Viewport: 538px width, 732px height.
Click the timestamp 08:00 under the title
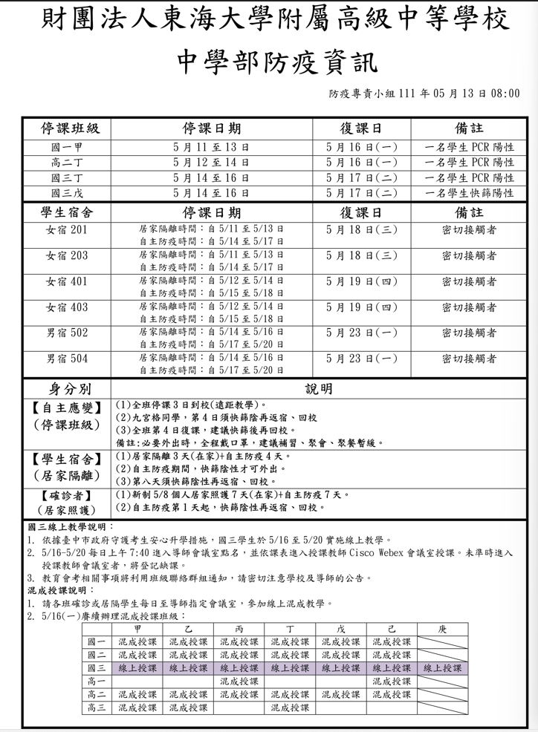coord(505,94)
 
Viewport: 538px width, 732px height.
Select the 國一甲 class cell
coord(66,147)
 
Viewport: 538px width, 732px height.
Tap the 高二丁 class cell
coord(66,163)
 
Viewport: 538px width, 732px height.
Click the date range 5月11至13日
coord(211,147)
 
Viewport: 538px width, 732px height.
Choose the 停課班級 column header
coord(66,128)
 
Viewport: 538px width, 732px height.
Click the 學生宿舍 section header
coord(66,212)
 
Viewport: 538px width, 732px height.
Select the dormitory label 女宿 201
coord(66,230)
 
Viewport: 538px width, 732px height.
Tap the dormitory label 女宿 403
coord(66,307)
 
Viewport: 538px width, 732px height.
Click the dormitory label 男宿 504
coord(66,359)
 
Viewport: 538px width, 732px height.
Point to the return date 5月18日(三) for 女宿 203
coord(362,255)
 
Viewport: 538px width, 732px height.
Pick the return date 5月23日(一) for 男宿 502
coord(362,333)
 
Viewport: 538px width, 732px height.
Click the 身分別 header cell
coord(66,388)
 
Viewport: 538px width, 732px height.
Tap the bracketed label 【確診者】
coord(66,496)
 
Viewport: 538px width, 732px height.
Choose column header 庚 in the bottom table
coord(442,629)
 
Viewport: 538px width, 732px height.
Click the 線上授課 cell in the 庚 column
coord(442,668)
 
